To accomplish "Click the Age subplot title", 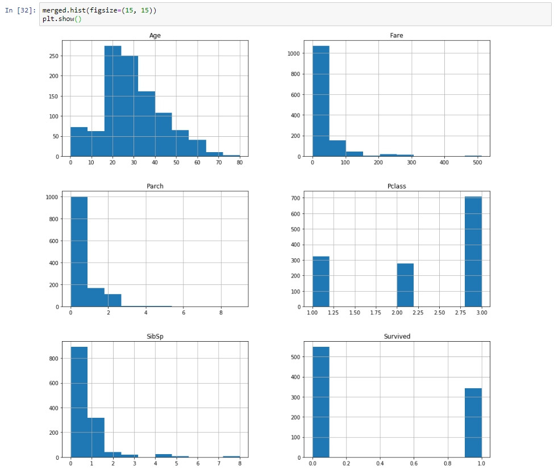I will click(x=155, y=36).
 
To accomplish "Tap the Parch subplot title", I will click(x=155, y=186).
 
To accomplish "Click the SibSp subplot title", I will click(x=155, y=337).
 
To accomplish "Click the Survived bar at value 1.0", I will click(x=473, y=423).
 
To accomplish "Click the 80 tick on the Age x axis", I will click(x=240, y=162).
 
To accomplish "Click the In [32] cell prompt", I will click(x=20, y=11).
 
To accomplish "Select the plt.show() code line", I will click(x=57, y=19).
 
